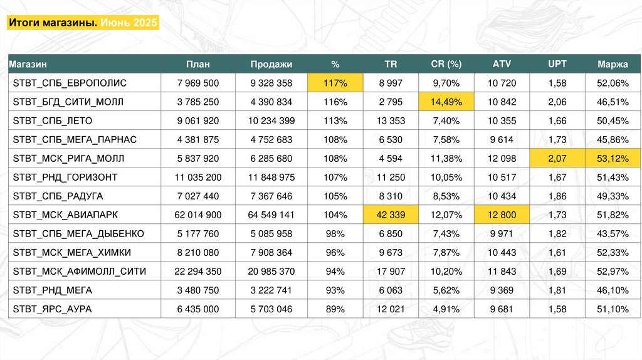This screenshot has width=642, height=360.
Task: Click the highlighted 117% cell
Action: [x=335, y=83]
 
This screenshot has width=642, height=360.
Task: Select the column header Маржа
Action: [x=613, y=64]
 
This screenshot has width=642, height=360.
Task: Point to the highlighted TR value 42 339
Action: [x=391, y=214]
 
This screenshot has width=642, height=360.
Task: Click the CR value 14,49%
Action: [x=446, y=102]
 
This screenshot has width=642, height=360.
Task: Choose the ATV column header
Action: [x=502, y=64]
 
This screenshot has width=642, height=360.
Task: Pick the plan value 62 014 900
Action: [x=198, y=214]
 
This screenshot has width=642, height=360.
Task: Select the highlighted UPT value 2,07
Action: [x=557, y=158]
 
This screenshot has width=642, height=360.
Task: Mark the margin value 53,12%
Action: [x=613, y=158]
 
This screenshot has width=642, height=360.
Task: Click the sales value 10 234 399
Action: [x=271, y=120]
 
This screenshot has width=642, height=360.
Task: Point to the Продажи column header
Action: [x=271, y=64]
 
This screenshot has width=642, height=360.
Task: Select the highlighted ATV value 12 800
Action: [x=502, y=214]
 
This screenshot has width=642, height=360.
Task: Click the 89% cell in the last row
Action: [x=335, y=309]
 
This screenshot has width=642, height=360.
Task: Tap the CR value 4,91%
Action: [x=446, y=309]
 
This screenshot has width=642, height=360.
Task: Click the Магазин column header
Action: [x=28, y=64]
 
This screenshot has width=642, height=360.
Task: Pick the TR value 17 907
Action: [x=391, y=271]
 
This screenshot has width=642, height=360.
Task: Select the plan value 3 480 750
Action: [x=198, y=290]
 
